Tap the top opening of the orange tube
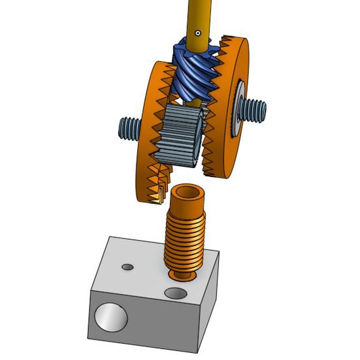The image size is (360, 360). tap(188, 194)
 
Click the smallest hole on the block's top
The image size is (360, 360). tap(127, 265)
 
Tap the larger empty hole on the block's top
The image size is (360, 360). tap(176, 293)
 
